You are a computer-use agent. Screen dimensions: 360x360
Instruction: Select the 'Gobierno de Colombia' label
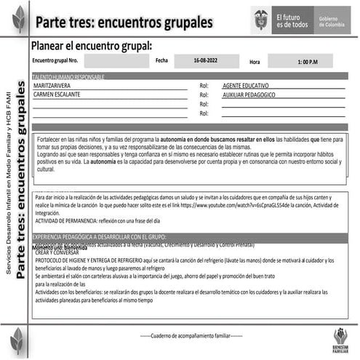332,21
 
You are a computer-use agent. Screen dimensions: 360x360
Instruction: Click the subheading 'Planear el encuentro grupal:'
92,46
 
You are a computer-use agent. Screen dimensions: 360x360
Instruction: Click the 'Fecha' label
161,60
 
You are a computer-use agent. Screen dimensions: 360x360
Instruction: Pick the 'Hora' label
255,63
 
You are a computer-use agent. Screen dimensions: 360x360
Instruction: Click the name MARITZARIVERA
59,85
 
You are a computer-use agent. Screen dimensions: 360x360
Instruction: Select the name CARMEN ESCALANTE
62,95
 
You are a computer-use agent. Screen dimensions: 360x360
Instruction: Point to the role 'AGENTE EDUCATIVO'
252,86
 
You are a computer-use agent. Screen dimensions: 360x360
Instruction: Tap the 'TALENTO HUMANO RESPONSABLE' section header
69,76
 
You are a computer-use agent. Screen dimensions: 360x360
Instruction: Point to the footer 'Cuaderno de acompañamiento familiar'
191,336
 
